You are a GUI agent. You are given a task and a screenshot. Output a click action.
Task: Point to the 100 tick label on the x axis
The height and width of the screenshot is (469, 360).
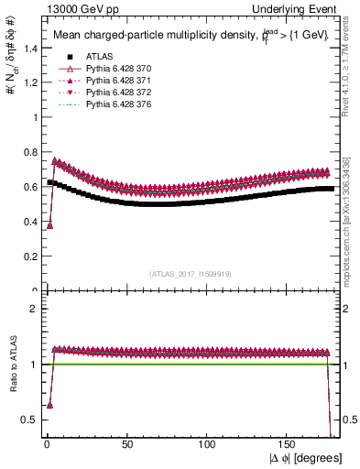click(x=209, y=444)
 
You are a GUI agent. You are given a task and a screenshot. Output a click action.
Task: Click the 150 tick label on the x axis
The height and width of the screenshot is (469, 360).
click(x=289, y=444)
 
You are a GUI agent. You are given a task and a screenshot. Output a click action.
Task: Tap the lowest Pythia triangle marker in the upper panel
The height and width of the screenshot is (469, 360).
click(x=49, y=225)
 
